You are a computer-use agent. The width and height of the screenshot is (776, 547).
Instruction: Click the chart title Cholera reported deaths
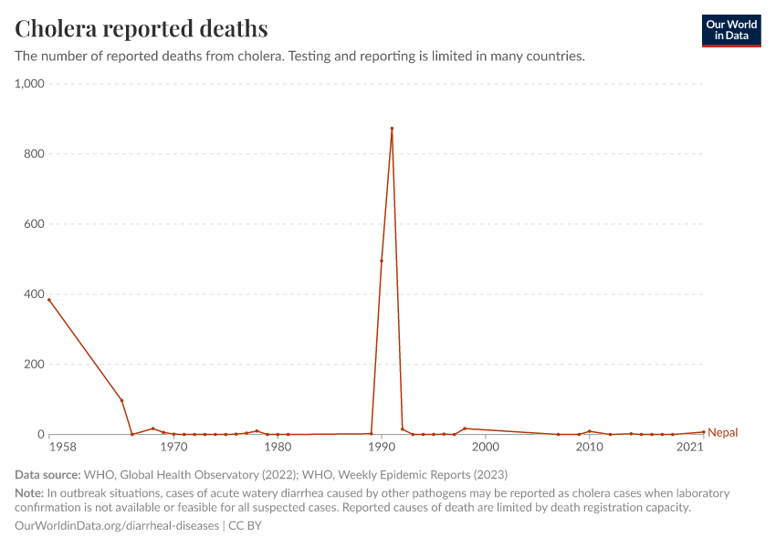[142, 29]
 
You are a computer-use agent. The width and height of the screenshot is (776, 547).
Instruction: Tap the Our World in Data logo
[730, 30]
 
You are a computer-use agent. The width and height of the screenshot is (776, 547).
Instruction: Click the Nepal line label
[722, 433]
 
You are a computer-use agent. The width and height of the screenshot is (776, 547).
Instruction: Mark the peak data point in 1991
[392, 129]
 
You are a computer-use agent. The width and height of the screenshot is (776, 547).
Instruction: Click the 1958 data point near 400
[49, 300]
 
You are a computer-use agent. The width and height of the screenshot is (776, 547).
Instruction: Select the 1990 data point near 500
[382, 261]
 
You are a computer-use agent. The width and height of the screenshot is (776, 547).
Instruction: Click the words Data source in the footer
[47, 475]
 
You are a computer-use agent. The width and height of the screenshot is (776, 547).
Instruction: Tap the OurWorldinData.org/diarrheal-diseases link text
[117, 526]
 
